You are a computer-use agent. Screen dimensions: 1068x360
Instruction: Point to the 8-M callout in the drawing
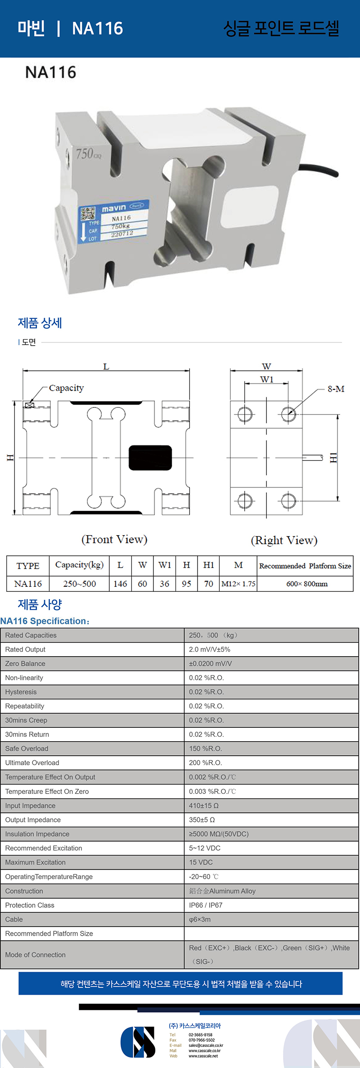pyautogui.click(x=336, y=389)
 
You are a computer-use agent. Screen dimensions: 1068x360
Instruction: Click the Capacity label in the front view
pyautogui.click(x=66, y=388)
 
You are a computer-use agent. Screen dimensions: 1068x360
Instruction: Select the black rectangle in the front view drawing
pyautogui.click(x=150, y=457)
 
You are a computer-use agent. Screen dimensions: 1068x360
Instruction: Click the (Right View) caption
pyautogui.click(x=284, y=540)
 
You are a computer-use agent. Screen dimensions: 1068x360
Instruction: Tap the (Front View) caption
pyautogui.click(x=114, y=539)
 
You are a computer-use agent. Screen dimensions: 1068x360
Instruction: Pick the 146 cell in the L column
pyautogui.click(x=120, y=584)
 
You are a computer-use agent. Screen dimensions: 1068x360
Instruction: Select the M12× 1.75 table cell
pyautogui.click(x=238, y=584)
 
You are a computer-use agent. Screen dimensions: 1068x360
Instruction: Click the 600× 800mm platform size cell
pyautogui.click(x=306, y=584)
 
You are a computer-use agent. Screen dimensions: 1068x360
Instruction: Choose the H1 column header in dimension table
pyautogui.click(x=208, y=565)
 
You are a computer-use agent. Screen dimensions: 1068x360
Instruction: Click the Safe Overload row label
pyautogui.click(x=27, y=748)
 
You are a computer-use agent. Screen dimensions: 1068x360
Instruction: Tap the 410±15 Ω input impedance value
pyautogui.click(x=203, y=806)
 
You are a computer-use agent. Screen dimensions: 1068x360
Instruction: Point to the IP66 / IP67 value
pyautogui.click(x=205, y=905)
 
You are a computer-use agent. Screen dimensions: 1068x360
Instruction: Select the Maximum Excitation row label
pyautogui.click(x=35, y=862)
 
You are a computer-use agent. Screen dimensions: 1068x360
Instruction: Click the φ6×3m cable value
pyautogui.click(x=199, y=919)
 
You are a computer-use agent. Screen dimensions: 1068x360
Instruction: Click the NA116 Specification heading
pyautogui.click(x=45, y=621)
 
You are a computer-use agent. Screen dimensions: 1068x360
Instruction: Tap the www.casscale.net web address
pyautogui.click(x=203, y=1056)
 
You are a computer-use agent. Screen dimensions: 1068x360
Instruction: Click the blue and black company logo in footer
pyautogui.click(x=138, y=1042)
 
